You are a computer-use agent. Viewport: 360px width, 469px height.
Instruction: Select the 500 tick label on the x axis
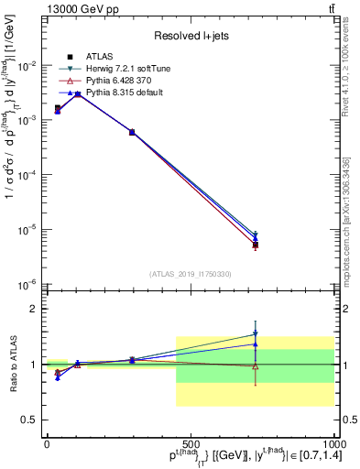tap(190, 444)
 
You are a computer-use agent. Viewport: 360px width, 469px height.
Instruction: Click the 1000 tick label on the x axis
tap(333, 444)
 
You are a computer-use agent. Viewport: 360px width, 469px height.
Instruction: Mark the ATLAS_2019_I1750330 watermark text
tap(190, 274)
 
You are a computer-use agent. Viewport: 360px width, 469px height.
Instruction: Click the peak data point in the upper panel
tap(78, 93)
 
